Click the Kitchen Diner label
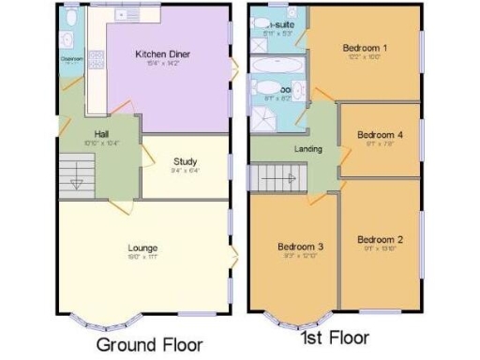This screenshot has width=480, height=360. (162, 54)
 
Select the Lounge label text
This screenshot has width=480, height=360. (142, 247)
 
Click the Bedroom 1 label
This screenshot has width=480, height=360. (365, 47)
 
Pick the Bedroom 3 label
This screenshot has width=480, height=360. (300, 247)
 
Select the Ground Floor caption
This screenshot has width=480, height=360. (149, 344)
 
